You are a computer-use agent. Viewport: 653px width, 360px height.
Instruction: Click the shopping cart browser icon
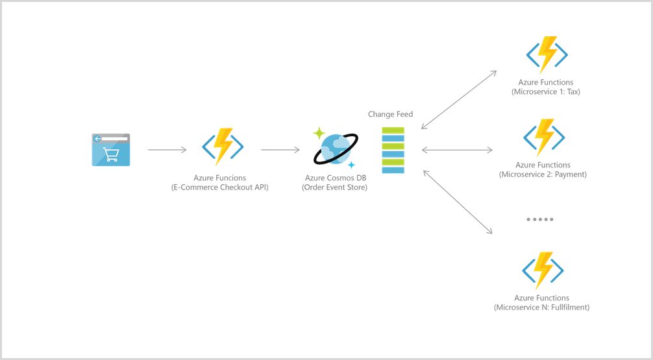(110, 150)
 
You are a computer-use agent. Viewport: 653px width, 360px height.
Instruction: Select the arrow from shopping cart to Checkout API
(167, 150)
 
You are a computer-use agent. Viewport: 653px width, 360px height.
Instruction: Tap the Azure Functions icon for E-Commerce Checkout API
(223, 147)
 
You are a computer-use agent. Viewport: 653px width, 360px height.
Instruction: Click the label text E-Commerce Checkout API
(219, 187)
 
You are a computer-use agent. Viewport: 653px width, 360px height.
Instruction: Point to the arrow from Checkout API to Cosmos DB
(280, 150)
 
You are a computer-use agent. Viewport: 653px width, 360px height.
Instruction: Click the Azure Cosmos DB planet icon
(335, 150)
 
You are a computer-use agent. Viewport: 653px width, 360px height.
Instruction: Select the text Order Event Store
(335, 187)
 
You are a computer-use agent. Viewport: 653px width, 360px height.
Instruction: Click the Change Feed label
(390, 114)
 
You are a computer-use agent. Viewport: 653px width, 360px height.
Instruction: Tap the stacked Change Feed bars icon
(393, 150)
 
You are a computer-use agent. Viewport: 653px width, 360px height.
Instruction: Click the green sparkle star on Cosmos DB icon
(319, 133)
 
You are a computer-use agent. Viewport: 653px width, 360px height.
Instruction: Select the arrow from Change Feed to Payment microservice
(456, 150)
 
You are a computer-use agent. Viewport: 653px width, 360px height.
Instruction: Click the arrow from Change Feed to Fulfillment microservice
(457, 202)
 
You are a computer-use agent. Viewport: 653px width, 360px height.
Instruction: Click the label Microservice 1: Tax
(545, 92)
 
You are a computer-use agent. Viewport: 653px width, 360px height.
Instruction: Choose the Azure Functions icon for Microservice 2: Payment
(544, 138)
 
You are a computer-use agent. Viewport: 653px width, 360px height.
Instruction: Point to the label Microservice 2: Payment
(543, 174)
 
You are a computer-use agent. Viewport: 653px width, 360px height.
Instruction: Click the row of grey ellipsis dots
(539, 219)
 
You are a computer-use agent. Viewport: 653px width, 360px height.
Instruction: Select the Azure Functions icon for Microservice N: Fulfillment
(542, 270)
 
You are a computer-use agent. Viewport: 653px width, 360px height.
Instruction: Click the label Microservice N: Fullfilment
(541, 307)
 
